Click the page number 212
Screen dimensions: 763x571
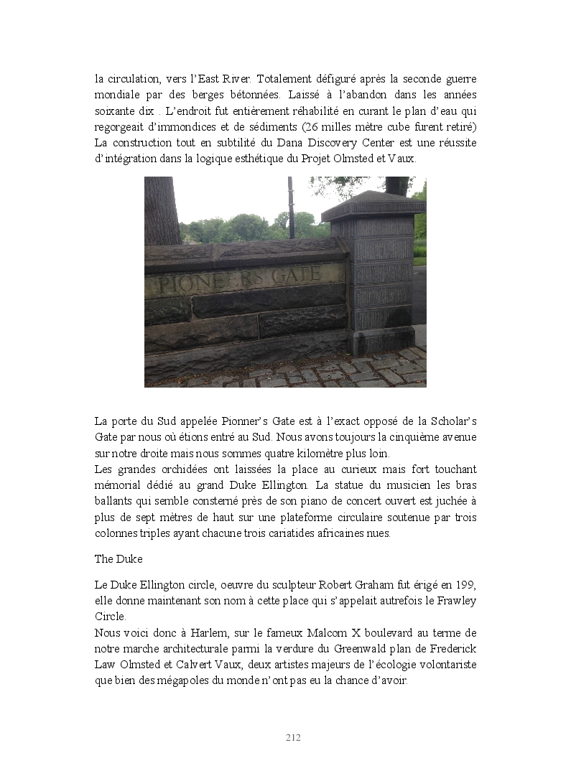pyautogui.click(x=293, y=737)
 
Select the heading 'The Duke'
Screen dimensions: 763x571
pyautogui.click(x=119, y=558)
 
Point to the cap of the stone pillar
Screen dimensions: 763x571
pyautogui.click(x=373, y=206)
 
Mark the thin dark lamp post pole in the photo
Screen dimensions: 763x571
pyautogui.click(x=291, y=207)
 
